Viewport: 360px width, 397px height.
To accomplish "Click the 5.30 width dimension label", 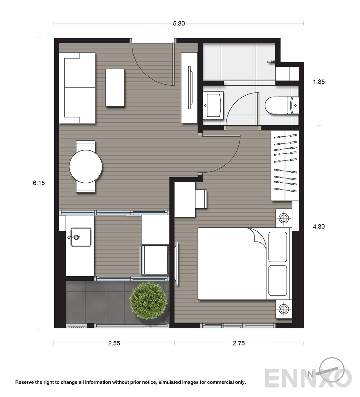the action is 179,23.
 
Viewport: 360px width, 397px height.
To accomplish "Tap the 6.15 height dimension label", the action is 39,183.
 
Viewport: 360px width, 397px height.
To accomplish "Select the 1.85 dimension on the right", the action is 319,82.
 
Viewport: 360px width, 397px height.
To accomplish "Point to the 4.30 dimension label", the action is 319,227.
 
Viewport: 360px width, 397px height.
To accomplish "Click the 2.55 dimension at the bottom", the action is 114,349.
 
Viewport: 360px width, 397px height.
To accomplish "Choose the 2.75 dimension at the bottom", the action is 239,349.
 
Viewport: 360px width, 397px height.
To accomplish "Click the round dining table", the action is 85,167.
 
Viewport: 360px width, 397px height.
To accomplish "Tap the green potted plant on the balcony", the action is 148,300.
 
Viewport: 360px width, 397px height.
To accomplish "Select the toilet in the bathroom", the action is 282,105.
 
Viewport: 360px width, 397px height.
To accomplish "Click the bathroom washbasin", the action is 213,105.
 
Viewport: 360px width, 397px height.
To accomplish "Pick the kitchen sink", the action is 81,237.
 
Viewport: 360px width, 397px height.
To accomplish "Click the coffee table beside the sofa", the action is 115,88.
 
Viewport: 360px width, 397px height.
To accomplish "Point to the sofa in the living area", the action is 77,88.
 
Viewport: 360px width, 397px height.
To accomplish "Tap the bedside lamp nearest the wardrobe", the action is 284,218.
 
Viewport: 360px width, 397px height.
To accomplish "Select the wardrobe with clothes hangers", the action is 285,165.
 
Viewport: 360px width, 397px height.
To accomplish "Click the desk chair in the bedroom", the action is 201,199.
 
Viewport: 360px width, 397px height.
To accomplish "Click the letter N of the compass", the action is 310,375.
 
